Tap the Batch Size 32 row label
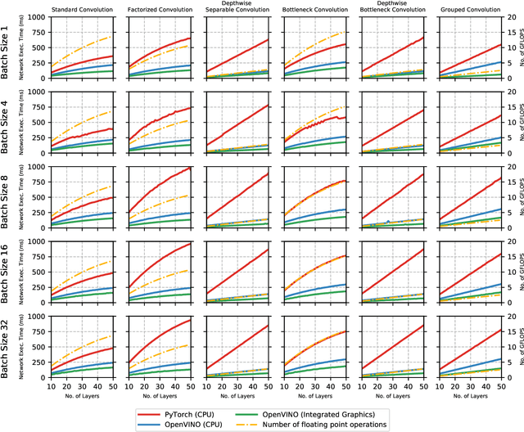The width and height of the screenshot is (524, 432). point(8,349)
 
